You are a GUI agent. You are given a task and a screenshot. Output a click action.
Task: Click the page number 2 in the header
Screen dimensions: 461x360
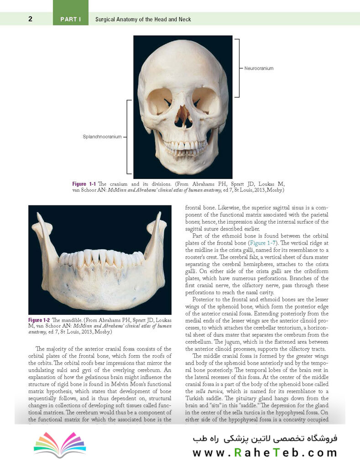(30, 19)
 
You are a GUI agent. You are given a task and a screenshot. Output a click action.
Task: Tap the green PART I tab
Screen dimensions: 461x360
(71, 19)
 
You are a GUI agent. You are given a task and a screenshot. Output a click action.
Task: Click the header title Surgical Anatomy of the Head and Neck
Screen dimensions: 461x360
(143, 19)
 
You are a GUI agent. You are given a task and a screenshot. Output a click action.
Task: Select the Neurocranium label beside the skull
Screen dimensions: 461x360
(259, 68)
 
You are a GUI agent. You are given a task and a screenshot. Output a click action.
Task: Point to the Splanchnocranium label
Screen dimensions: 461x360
(102, 136)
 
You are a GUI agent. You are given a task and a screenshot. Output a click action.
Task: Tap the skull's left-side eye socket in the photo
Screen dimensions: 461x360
(160, 100)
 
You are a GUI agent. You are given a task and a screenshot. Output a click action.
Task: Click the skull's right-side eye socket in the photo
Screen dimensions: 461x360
(205, 100)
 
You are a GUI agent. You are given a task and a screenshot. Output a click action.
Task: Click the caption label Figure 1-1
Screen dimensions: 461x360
(84, 183)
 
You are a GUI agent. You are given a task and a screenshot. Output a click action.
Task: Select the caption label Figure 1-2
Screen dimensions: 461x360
(39, 320)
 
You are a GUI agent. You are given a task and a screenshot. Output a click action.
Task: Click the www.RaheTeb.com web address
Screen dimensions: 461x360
(265, 453)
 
